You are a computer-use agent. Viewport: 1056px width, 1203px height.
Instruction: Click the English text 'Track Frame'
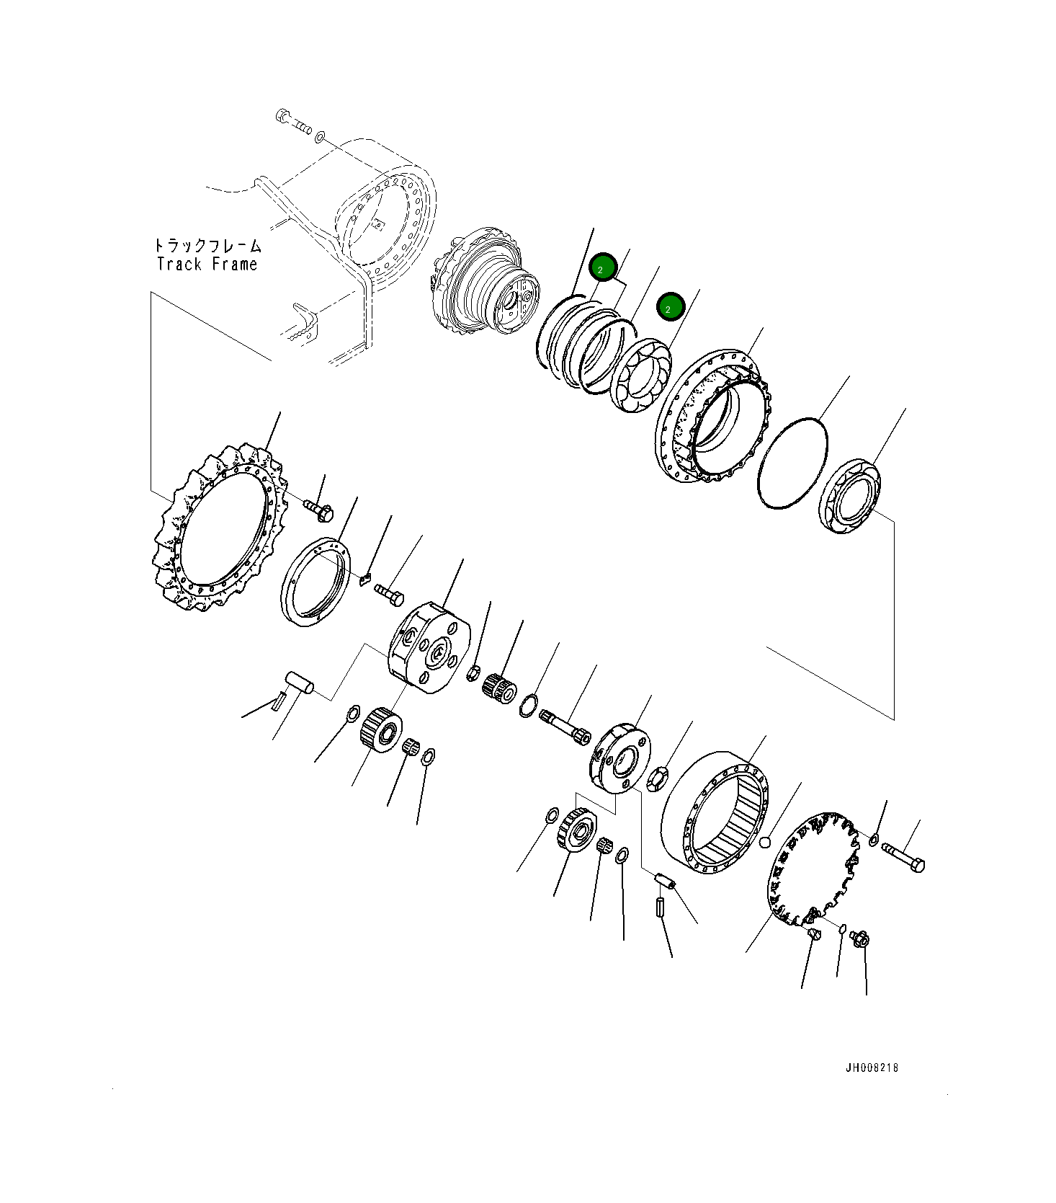(207, 265)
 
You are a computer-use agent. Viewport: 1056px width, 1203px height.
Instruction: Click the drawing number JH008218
(872, 1067)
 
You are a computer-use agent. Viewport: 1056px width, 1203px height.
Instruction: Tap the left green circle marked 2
(602, 268)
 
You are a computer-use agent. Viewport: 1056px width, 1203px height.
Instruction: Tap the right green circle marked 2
(670, 308)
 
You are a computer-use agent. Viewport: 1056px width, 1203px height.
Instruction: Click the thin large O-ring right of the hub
(792, 463)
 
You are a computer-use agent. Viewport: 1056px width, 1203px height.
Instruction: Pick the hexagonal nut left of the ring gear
(658, 780)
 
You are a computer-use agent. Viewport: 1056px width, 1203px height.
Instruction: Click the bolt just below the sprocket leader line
(318, 509)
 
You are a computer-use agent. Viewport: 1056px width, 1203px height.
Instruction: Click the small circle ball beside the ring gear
(765, 841)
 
